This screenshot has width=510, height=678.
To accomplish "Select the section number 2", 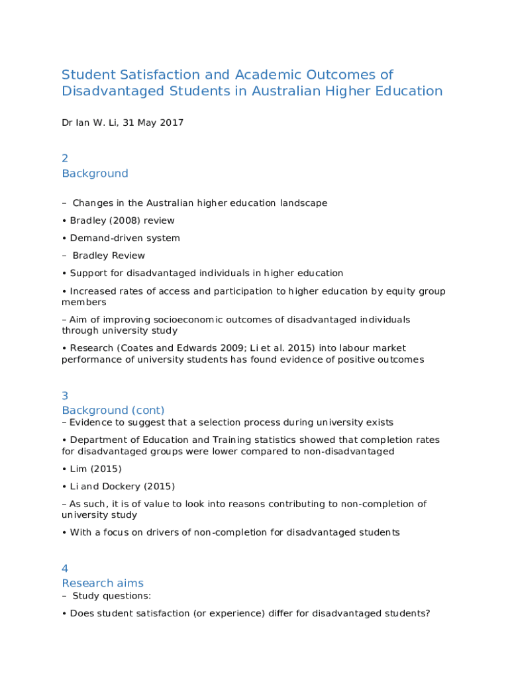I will (x=65, y=158).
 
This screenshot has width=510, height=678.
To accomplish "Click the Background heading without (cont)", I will (x=95, y=173).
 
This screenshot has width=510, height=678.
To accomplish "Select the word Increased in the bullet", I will (x=93, y=291).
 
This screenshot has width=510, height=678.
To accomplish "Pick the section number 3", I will (x=65, y=395).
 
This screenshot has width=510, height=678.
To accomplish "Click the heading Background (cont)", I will (x=113, y=411).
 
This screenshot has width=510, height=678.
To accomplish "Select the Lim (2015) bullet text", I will (x=95, y=469).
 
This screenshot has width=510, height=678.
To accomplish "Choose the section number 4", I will (x=65, y=568).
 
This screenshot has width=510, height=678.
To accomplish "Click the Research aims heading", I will (x=103, y=583).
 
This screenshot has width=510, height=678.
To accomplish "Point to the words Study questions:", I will (x=112, y=596).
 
